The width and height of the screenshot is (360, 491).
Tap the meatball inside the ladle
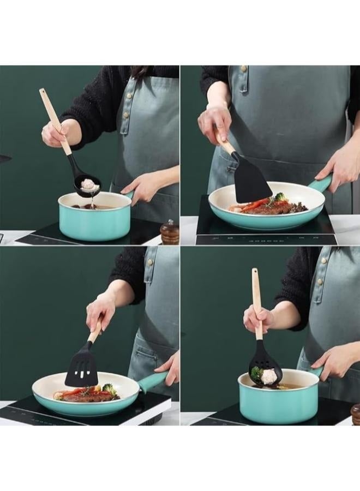89,186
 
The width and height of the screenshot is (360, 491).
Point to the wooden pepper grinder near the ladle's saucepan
169,233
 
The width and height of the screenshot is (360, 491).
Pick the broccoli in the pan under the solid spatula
280,197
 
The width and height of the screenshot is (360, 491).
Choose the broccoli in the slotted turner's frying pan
109,390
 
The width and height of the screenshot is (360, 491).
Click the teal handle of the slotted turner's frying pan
152,380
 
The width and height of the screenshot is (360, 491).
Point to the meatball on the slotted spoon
269,376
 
